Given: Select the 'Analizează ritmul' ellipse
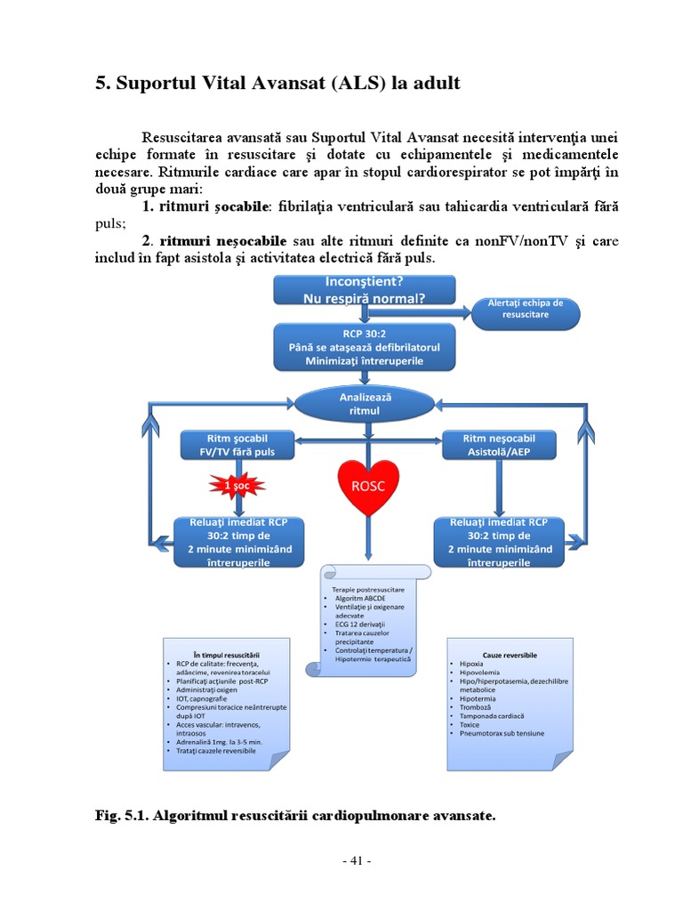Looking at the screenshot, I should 366,403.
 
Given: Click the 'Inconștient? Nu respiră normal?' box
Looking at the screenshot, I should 365,290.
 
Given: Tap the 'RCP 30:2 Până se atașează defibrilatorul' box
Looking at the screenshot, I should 365,347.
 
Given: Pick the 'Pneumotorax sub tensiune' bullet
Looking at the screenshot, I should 502,734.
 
